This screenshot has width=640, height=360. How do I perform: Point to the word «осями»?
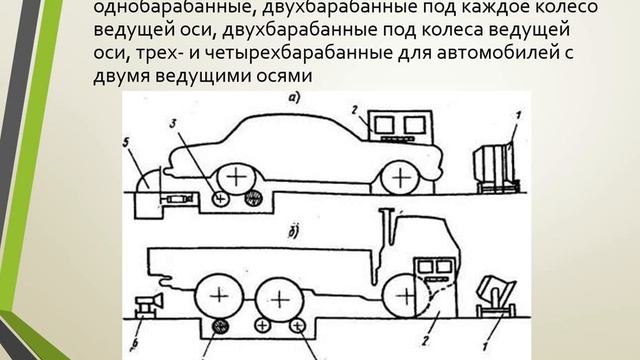pos(282,76)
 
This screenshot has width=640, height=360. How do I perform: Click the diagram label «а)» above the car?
pos(295,97)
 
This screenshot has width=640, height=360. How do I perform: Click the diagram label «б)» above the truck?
pos(293,233)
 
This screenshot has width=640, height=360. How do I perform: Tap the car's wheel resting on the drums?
pos(236,178)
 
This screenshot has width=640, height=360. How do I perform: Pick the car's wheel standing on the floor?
pos(401,178)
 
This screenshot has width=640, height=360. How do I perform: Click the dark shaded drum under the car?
pos(253,199)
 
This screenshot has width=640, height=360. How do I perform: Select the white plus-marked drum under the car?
pos(220,199)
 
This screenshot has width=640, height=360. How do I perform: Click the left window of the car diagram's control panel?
pos(384,125)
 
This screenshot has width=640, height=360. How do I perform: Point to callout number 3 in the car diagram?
pos(173,123)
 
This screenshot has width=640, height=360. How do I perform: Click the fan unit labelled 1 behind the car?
pos(496,167)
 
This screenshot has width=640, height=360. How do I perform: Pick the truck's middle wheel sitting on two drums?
pos(280,300)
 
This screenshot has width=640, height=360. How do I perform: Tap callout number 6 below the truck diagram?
pos(135,343)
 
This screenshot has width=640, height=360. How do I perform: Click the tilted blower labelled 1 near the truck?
pos(497,296)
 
